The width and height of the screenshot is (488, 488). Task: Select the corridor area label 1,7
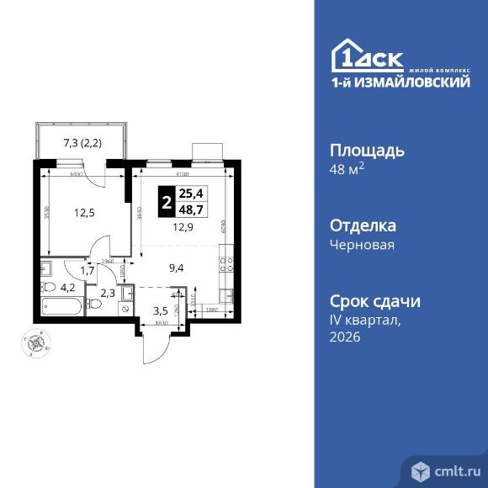87,270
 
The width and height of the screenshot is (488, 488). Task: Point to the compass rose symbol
35,342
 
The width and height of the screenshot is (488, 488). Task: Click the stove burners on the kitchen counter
225,264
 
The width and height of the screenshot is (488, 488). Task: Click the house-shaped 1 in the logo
347,55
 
